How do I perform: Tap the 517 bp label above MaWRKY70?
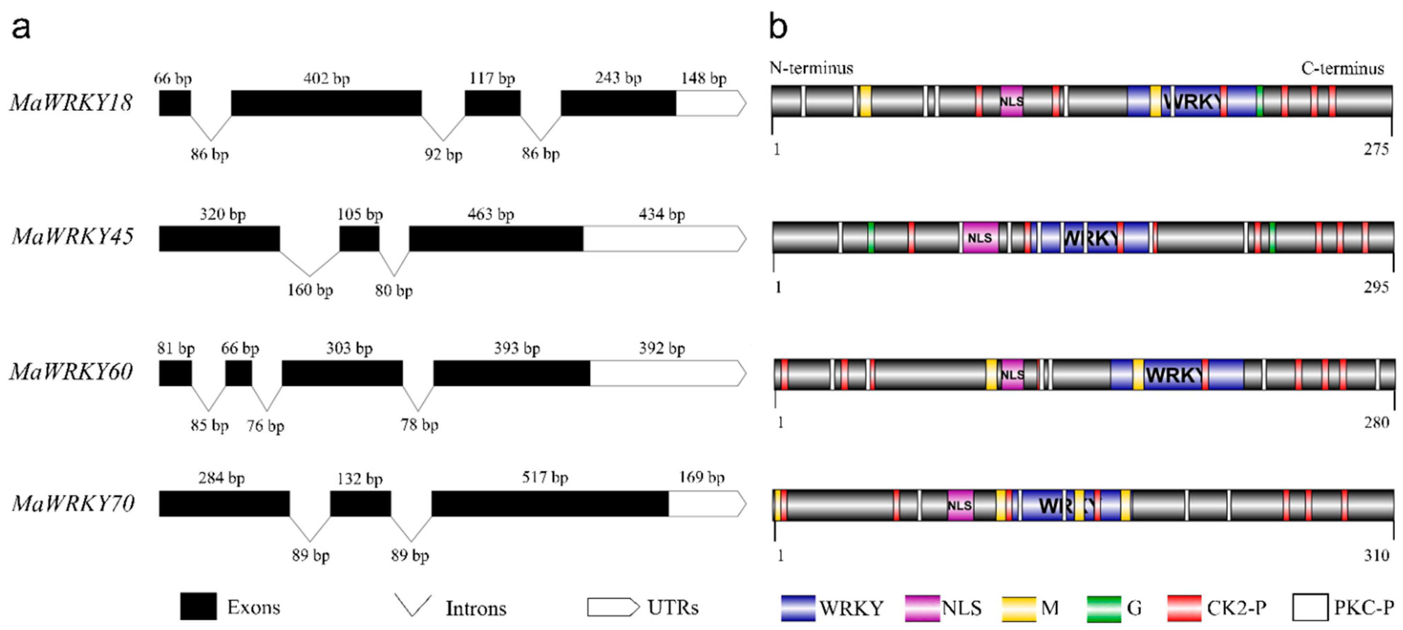(545, 478)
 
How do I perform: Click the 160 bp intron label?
(310, 290)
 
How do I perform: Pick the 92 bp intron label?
(443, 155)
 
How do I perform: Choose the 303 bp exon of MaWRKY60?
(342, 373)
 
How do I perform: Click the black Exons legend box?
(198, 607)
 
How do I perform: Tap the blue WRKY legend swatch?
(798, 608)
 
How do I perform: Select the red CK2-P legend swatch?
(1184, 608)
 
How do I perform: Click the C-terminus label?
(1342, 69)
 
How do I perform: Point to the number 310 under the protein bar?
(1377, 555)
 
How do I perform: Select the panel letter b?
(778, 26)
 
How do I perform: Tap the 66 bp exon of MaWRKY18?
(175, 103)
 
